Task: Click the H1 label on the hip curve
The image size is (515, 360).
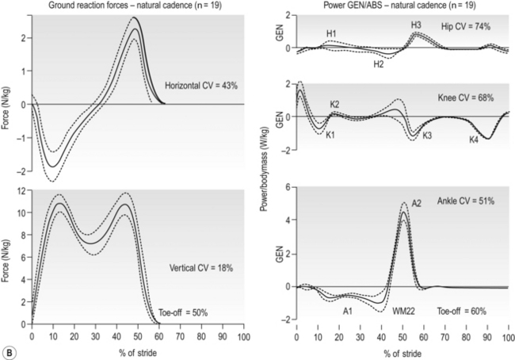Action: tap(332, 33)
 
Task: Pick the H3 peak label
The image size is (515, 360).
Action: tap(416, 25)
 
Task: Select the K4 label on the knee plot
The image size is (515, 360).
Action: tap(473, 140)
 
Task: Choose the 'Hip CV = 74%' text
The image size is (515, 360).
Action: tap(466, 26)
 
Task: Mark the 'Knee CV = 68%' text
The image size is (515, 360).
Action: tap(467, 98)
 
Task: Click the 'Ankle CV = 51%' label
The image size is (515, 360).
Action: tap(467, 202)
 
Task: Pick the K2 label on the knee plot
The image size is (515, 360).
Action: tap(335, 105)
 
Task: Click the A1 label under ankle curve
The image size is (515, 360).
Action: tap(347, 312)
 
